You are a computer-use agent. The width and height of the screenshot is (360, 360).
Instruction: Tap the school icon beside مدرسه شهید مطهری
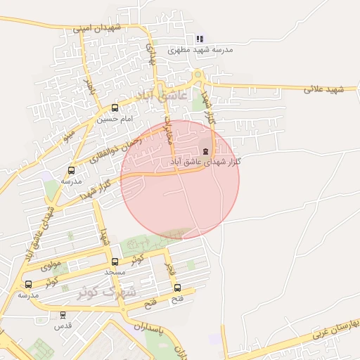pos(200,39)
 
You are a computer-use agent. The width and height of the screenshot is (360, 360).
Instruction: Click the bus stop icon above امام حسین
pos(115,108)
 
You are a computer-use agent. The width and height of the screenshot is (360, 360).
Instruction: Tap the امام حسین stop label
pos(115,120)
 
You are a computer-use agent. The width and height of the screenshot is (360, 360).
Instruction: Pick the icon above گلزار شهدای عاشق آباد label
pos(206,150)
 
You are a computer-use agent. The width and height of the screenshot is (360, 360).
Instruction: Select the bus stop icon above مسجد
pos(115,262)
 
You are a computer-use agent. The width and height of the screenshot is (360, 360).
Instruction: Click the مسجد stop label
pos(114,272)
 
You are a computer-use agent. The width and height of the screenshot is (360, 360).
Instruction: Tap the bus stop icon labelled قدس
pos(63,315)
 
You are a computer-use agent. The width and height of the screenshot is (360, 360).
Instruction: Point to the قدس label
pos(63,326)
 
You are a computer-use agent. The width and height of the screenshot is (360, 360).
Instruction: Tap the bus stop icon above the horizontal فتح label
pos(176,287)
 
